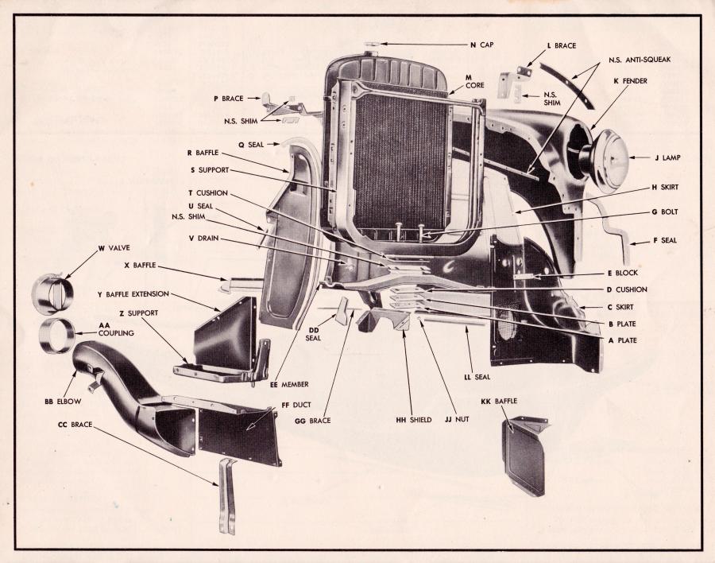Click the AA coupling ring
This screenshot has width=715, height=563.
coord(57,335)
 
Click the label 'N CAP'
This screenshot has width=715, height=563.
coord(481,45)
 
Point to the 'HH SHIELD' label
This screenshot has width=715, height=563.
coord(408,419)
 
